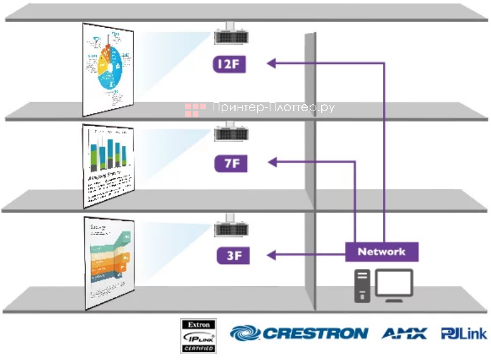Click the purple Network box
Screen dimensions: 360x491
(x=381, y=251)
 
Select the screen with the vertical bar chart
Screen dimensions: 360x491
(x=108, y=165)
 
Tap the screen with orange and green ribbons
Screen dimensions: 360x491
(x=109, y=262)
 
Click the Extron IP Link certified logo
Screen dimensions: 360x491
(x=198, y=335)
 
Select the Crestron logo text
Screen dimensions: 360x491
(x=314, y=333)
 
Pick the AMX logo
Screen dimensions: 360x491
(x=404, y=333)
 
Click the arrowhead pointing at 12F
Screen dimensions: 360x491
(x=272, y=63)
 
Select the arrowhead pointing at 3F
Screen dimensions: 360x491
(x=272, y=255)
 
